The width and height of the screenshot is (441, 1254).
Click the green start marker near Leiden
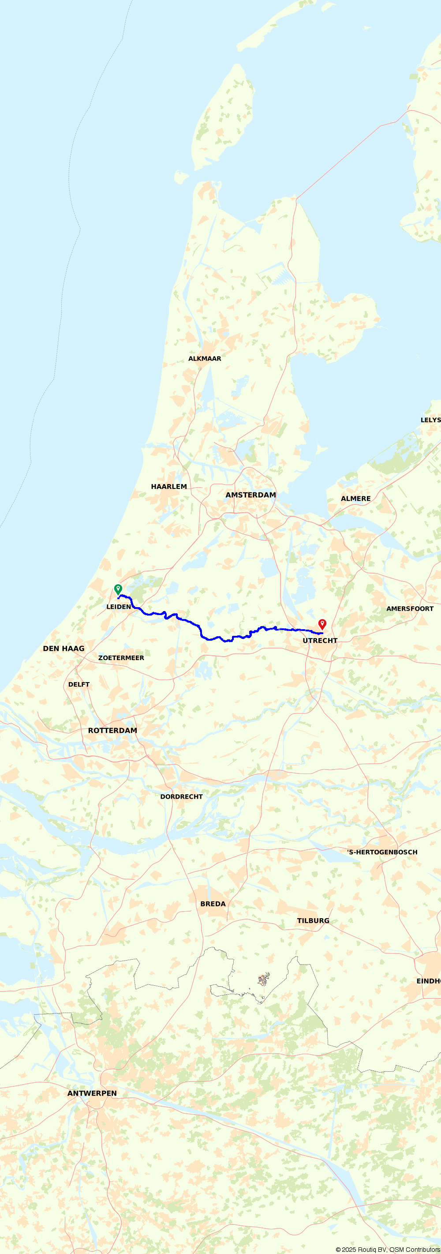coord(118,589)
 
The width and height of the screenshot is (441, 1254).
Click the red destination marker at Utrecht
coord(322,624)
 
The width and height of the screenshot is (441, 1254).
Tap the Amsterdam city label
coord(250,495)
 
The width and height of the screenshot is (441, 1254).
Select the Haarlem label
coord(168,486)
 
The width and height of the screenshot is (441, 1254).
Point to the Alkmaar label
coord(205,358)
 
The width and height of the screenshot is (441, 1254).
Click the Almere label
coord(355,499)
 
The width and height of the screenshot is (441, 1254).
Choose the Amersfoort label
coord(409,608)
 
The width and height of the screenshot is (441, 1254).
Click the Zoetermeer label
coord(121,658)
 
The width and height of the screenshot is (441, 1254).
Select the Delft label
coord(78,684)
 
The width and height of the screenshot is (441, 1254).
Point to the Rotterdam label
coord(112,730)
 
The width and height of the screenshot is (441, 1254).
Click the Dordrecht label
coord(181,796)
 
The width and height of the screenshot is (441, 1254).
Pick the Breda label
coord(213,904)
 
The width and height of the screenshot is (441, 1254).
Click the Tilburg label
coord(313,920)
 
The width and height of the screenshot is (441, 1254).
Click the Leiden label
coord(118,607)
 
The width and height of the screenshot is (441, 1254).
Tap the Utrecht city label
coord(319,641)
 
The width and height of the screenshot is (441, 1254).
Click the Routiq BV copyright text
coord(388,1250)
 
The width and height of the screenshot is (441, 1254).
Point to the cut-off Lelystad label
coord(430,420)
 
